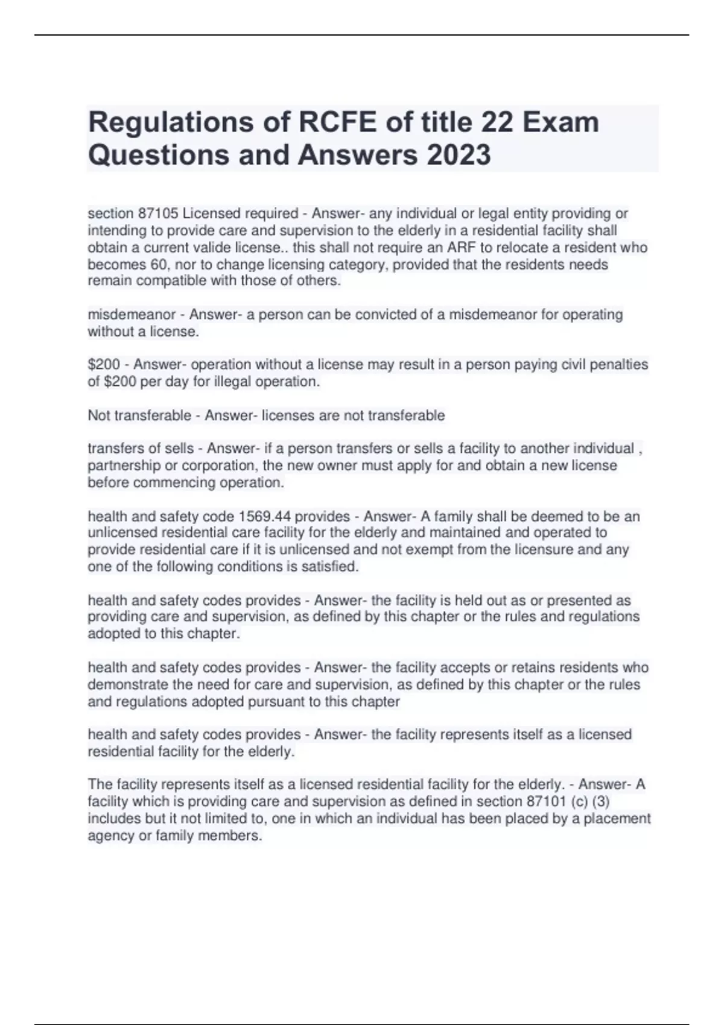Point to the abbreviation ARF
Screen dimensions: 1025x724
462,248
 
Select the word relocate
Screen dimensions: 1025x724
524,248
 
